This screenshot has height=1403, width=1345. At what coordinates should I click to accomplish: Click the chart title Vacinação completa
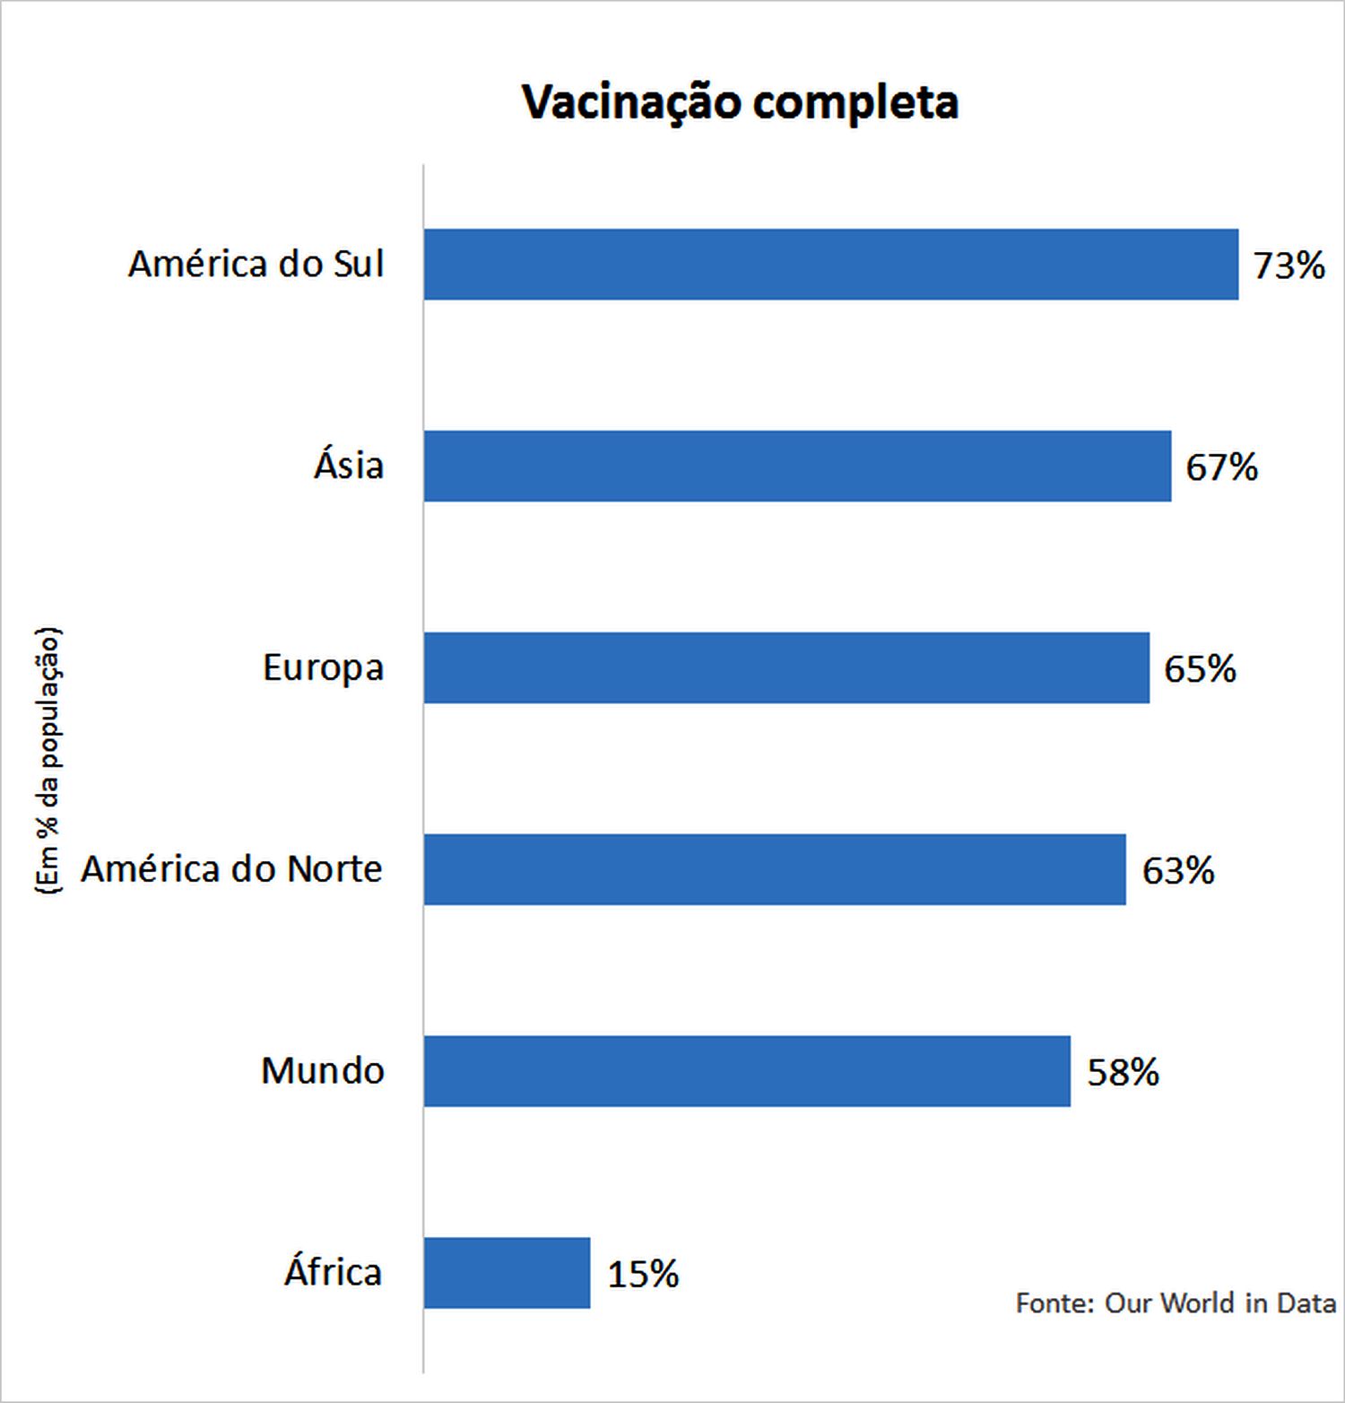(741, 102)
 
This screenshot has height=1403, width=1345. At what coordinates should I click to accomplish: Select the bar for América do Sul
(830, 265)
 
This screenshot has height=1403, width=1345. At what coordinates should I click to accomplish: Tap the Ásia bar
(797, 466)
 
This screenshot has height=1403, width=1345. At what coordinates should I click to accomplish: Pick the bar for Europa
(786, 668)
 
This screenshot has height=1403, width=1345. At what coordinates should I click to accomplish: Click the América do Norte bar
(775, 869)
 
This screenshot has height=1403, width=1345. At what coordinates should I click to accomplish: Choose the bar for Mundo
(747, 1071)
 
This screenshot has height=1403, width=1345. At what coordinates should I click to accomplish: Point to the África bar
(507, 1273)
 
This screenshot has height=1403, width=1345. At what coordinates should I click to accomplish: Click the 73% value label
(1289, 266)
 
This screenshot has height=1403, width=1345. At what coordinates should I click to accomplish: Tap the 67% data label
(1221, 467)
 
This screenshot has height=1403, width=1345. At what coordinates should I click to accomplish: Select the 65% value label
(1200, 669)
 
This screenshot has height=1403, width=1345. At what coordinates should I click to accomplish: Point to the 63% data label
(1177, 871)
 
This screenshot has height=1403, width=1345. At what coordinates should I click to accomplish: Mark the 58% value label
(1123, 1073)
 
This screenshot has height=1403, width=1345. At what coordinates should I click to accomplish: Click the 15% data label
(643, 1275)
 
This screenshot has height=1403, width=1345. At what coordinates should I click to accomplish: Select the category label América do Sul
(256, 265)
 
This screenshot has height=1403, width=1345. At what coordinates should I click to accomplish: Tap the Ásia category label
(349, 466)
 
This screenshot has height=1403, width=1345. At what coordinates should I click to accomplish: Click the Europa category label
(323, 668)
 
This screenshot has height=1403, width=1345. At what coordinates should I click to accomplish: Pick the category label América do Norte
(231, 869)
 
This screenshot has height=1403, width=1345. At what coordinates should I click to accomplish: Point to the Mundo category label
(323, 1071)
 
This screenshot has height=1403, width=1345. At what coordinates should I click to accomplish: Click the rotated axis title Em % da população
(48, 761)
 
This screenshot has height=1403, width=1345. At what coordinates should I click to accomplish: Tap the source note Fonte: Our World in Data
(1175, 1303)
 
